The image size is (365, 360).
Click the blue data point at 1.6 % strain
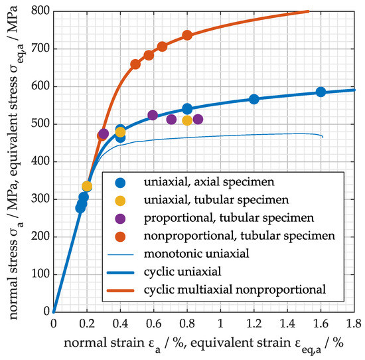(321, 92)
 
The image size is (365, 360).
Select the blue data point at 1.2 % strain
(254, 99)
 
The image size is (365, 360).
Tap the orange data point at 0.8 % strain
(187, 35)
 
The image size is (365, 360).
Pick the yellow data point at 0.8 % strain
(187, 120)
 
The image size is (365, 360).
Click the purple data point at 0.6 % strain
(153, 115)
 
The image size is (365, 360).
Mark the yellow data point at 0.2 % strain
(87, 186)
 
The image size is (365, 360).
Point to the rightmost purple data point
(198, 120)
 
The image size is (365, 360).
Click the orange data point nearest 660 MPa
(135, 64)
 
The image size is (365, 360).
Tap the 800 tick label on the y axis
(40, 11)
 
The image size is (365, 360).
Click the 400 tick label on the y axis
(40, 161)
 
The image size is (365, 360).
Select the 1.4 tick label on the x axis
(287, 324)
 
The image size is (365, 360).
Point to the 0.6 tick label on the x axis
(154, 324)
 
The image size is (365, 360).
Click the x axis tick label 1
(220, 324)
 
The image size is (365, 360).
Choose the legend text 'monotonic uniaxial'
(196, 254)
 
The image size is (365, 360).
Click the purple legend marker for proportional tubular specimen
(120, 219)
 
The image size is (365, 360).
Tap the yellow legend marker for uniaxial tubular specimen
(120, 201)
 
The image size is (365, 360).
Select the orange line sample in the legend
(120, 290)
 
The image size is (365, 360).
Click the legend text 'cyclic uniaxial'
(183, 272)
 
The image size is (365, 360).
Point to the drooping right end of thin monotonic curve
(323, 137)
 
